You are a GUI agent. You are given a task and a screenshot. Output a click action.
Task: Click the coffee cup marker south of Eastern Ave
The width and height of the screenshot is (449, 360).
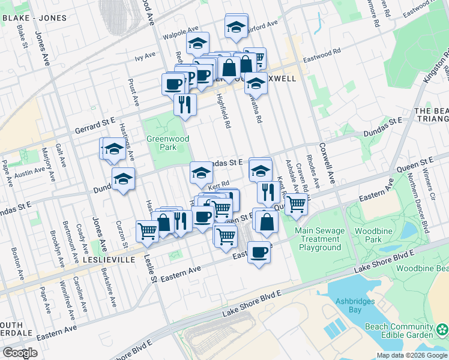(259, 252)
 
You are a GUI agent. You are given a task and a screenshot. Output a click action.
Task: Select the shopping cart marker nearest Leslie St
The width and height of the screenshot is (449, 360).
(147, 230)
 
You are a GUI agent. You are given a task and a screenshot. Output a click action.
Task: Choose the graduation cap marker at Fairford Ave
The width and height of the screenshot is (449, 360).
(236, 26)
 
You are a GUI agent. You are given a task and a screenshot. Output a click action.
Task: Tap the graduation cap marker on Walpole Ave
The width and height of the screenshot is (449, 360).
(197, 43)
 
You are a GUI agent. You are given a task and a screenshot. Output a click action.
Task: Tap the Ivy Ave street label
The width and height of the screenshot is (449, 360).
(145, 57)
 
